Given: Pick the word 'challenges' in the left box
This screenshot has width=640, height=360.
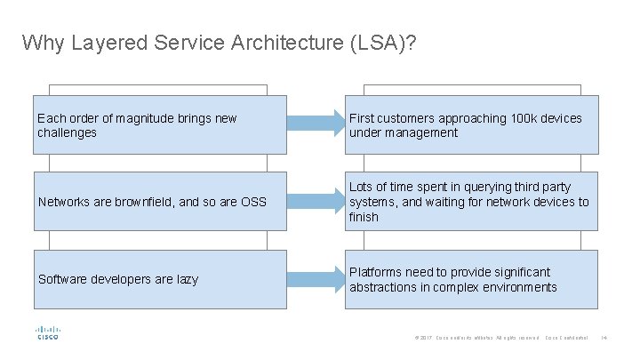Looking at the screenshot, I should pyautogui.click(x=67, y=132).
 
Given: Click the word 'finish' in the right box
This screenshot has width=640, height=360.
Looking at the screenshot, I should pyautogui.click(x=364, y=217).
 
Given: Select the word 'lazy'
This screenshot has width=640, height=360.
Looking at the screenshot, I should pyautogui.click(x=187, y=280).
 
